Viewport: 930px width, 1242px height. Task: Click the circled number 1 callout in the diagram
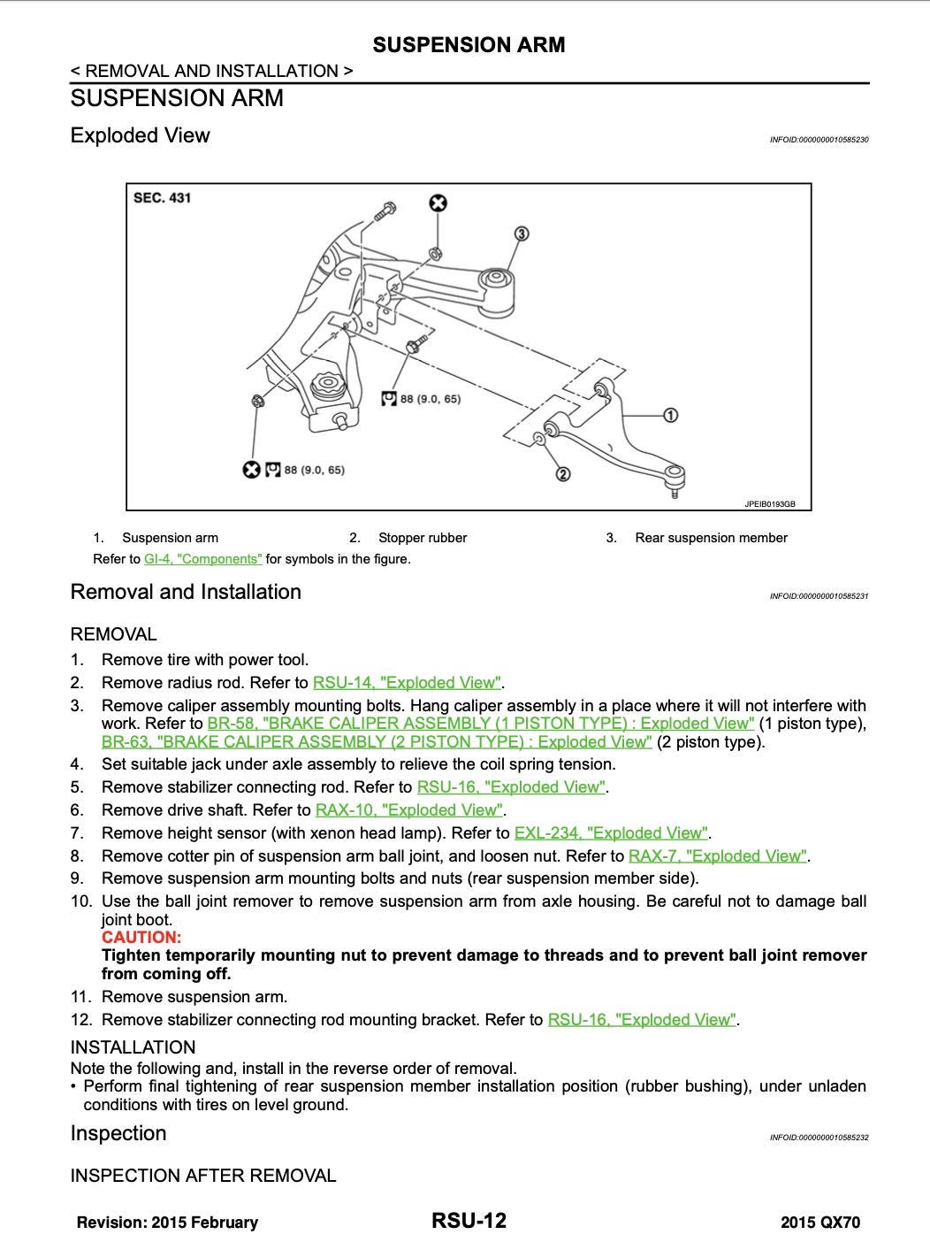point(670,415)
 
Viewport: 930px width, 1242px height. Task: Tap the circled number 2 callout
point(562,474)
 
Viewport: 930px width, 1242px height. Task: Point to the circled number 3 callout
point(522,234)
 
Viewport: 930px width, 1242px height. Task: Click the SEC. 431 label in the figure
point(162,198)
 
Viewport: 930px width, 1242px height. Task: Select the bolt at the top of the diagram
point(385,211)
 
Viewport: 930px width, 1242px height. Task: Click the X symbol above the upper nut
point(438,204)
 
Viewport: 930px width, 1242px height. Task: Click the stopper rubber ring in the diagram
point(539,440)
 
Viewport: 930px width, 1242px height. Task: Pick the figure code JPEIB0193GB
point(769,504)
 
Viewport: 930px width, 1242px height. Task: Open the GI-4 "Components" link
point(203,559)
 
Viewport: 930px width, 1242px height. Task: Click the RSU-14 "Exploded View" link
point(407,683)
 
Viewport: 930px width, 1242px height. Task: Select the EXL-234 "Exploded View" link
point(611,833)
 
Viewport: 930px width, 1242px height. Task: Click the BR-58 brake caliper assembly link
point(481,724)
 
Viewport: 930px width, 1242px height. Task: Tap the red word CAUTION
point(141,938)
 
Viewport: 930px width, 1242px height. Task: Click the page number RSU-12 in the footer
point(469,1222)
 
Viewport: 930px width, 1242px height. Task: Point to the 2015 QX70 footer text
point(819,1223)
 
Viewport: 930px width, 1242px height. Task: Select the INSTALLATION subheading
point(133,1047)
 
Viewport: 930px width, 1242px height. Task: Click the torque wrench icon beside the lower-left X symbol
point(273,470)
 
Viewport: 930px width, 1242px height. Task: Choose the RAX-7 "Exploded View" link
point(717,856)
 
